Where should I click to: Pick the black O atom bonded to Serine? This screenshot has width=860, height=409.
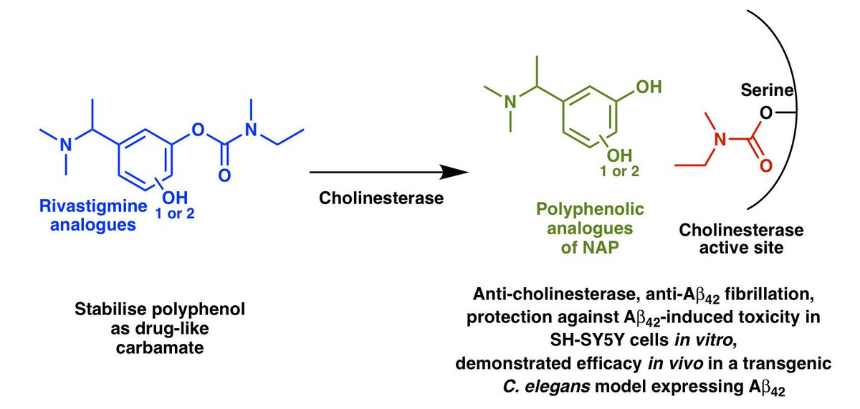767,114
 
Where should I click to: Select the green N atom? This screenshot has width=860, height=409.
510,102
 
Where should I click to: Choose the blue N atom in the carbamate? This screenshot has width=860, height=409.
251,130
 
